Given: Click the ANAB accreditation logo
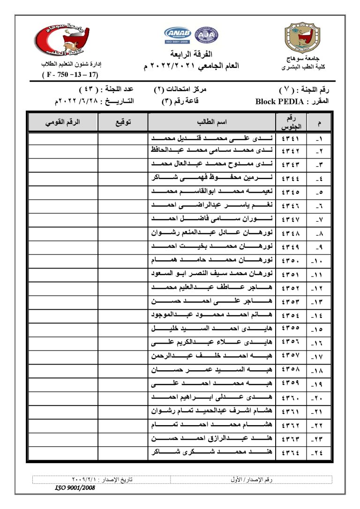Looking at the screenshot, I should coord(178,35).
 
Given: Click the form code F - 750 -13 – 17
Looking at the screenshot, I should coord(70,75).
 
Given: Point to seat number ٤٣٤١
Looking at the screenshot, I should coord(291,139).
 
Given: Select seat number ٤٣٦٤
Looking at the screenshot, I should coord(291,453).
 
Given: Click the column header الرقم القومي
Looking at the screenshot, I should coord(62,122).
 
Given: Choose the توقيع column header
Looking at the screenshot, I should coord(123,122).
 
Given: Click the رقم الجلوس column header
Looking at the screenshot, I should coord(291,122).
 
